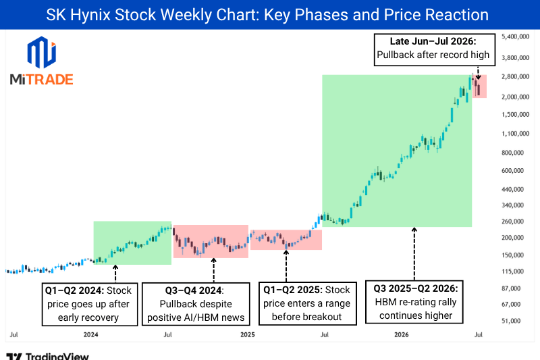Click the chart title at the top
point(267,15)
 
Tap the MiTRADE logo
point(42,61)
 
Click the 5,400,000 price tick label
point(515,36)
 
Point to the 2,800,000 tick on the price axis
point(515,76)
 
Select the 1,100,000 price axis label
point(515,134)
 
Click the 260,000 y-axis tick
point(512,222)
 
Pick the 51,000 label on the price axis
point(511,321)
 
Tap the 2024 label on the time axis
point(91,334)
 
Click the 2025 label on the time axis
point(248,334)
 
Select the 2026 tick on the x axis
point(401,334)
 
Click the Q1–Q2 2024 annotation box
point(90,304)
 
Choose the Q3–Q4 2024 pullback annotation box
point(196,304)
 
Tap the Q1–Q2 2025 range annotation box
point(307,303)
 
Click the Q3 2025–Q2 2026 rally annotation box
point(414,302)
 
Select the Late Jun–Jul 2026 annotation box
point(435,49)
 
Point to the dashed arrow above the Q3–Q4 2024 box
point(213,270)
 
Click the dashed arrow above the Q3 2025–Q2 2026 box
point(414,254)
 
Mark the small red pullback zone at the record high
point(479,86)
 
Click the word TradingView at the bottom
point(57,356)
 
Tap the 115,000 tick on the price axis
point(512,272)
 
